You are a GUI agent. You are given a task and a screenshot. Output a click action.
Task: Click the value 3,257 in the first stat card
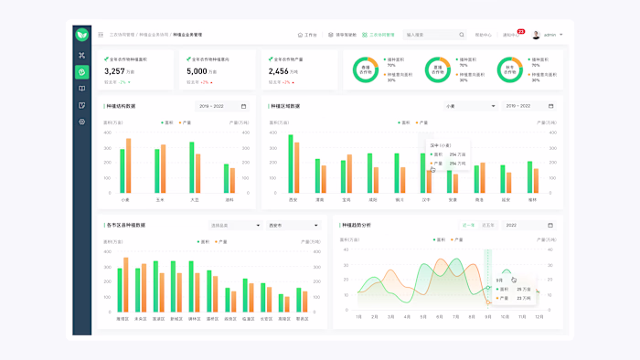point(114,71)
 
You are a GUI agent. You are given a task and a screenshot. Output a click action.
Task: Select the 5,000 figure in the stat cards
point(197,71)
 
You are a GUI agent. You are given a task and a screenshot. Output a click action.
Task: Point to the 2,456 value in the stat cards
point(278,71)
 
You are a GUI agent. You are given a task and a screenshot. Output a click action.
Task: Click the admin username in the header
point(549,35)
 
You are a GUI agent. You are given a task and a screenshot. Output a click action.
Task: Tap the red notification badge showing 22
point(520,31)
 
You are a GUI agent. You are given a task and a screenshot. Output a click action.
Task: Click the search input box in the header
point(434,35)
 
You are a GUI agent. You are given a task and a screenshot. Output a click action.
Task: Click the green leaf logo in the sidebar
point(81,35)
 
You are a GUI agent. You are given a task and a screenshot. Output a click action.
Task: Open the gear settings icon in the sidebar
point(81,122)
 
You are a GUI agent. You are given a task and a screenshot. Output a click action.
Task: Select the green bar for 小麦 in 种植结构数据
point(123,171)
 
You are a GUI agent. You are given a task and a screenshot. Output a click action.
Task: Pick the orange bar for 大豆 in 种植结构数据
point(198,174)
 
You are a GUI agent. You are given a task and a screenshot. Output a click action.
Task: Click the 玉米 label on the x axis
point(160,199)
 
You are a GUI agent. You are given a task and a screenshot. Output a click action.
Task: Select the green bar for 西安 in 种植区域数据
point(291,164)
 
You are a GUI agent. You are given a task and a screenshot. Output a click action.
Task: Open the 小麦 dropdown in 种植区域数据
point(469,106)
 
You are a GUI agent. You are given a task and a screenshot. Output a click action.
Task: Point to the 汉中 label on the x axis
point(426,199)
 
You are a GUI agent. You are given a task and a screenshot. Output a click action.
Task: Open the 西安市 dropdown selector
point(293,225)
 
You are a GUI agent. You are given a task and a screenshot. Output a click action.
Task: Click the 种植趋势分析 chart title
point(357,225)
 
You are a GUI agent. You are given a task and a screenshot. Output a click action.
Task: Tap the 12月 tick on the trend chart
point(539,317)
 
